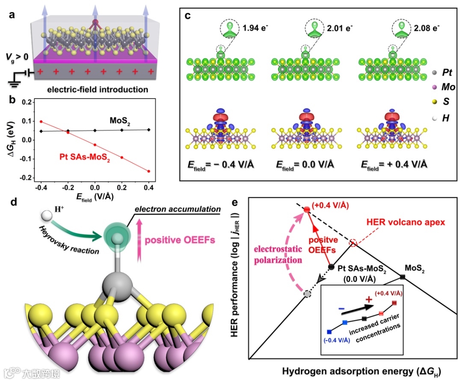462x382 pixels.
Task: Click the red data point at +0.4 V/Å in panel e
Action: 306,209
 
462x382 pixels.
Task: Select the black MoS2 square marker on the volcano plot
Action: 403,277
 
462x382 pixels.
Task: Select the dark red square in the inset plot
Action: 394,303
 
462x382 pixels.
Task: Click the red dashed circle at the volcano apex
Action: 353,243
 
